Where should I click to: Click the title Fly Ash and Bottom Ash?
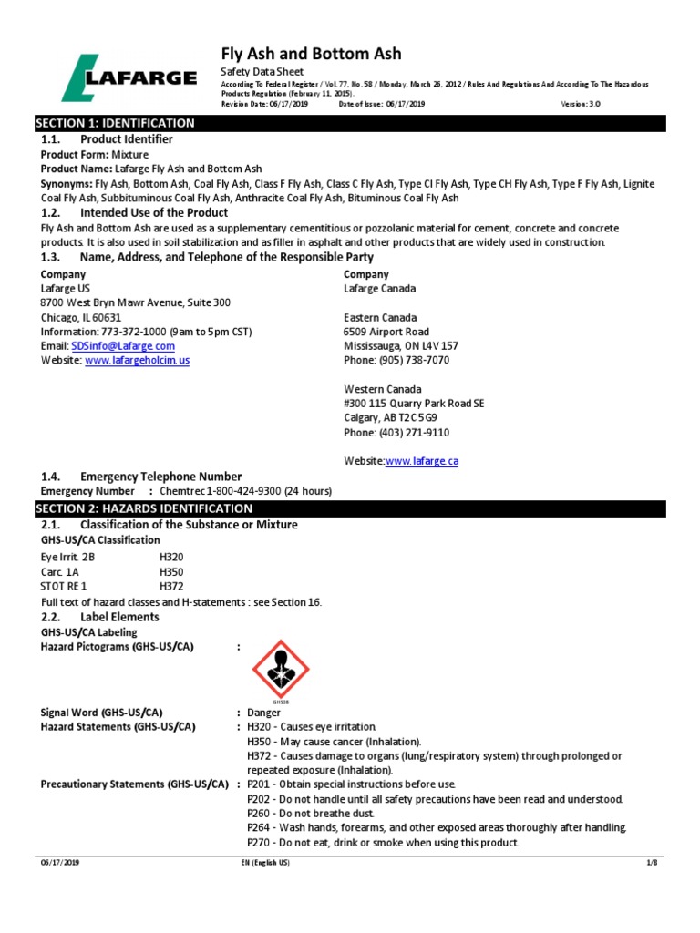click(x=311, y=54)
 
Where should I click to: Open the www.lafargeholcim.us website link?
click(x=137, y=361)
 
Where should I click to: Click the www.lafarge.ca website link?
click(x=422, y=462)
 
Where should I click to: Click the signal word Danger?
click(x=263, y=713)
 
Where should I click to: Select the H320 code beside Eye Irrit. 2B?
click(x=171, y=556)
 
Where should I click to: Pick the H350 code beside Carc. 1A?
click(x=171, y=571)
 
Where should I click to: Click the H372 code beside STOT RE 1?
click(x=171, y=586)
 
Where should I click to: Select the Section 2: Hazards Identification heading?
click(x=143, y=508)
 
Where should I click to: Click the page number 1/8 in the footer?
click(x=651, y=862)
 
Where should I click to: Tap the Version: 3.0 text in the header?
click(x=580, y=104)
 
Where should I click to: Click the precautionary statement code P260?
click(x=260, y=814)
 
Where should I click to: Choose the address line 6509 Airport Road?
click(x=386, y=332)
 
